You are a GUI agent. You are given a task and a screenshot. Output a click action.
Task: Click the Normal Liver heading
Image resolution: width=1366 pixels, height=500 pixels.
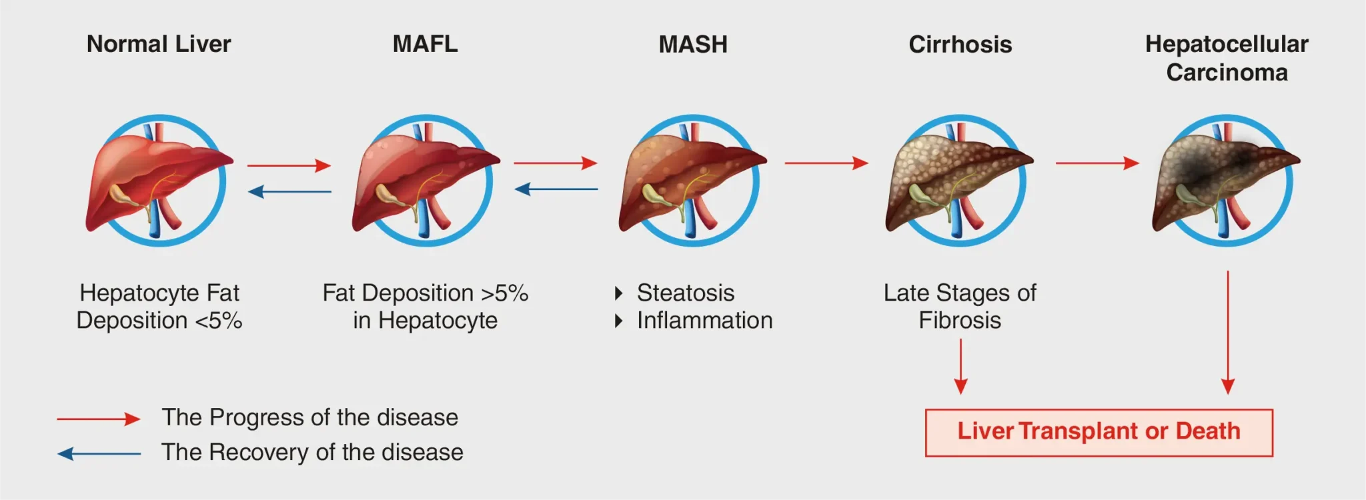coord(159,44)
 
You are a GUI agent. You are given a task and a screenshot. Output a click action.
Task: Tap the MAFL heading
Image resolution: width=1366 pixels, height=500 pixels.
coord(425,44)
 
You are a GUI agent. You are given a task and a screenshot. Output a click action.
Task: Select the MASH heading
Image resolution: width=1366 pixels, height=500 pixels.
coord(693,45)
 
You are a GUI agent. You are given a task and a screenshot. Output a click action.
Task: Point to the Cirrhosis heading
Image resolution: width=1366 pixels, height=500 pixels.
coord(960,45)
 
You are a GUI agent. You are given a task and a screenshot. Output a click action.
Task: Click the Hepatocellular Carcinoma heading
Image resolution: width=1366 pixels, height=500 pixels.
coord(1227,58)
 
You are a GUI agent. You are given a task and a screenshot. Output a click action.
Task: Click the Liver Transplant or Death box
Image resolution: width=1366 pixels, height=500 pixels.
coord(1099,432)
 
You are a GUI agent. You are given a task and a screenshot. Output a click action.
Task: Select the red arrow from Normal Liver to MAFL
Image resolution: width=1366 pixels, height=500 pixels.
coord(289,165)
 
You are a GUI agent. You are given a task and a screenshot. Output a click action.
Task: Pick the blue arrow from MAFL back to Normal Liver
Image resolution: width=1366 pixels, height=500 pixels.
coord(289,192)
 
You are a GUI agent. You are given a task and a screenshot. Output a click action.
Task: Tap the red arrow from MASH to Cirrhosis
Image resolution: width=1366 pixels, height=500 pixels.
coord(826,163)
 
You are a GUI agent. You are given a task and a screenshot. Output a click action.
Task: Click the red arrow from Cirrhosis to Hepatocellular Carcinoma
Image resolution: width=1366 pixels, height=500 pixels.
coord(1097,163)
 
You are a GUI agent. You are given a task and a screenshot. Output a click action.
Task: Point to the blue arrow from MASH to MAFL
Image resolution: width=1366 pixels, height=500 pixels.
coord(556,189)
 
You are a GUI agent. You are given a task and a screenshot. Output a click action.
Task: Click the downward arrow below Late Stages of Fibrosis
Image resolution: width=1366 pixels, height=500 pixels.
coord(960,367)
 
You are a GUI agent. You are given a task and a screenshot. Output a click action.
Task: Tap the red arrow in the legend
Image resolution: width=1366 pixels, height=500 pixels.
coord(98,419)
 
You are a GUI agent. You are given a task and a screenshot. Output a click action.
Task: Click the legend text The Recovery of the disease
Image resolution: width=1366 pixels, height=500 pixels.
coord(312,452)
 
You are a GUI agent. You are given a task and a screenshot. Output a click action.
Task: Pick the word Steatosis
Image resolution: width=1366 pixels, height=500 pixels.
coord(686,293)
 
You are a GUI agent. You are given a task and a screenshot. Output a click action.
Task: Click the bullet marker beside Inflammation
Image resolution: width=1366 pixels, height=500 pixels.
coord(619,321)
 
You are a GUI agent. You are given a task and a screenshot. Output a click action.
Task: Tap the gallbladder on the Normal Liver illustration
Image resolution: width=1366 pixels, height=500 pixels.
coord(122,194)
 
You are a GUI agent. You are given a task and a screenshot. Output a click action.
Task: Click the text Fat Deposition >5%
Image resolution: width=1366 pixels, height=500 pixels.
coord(425,293)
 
